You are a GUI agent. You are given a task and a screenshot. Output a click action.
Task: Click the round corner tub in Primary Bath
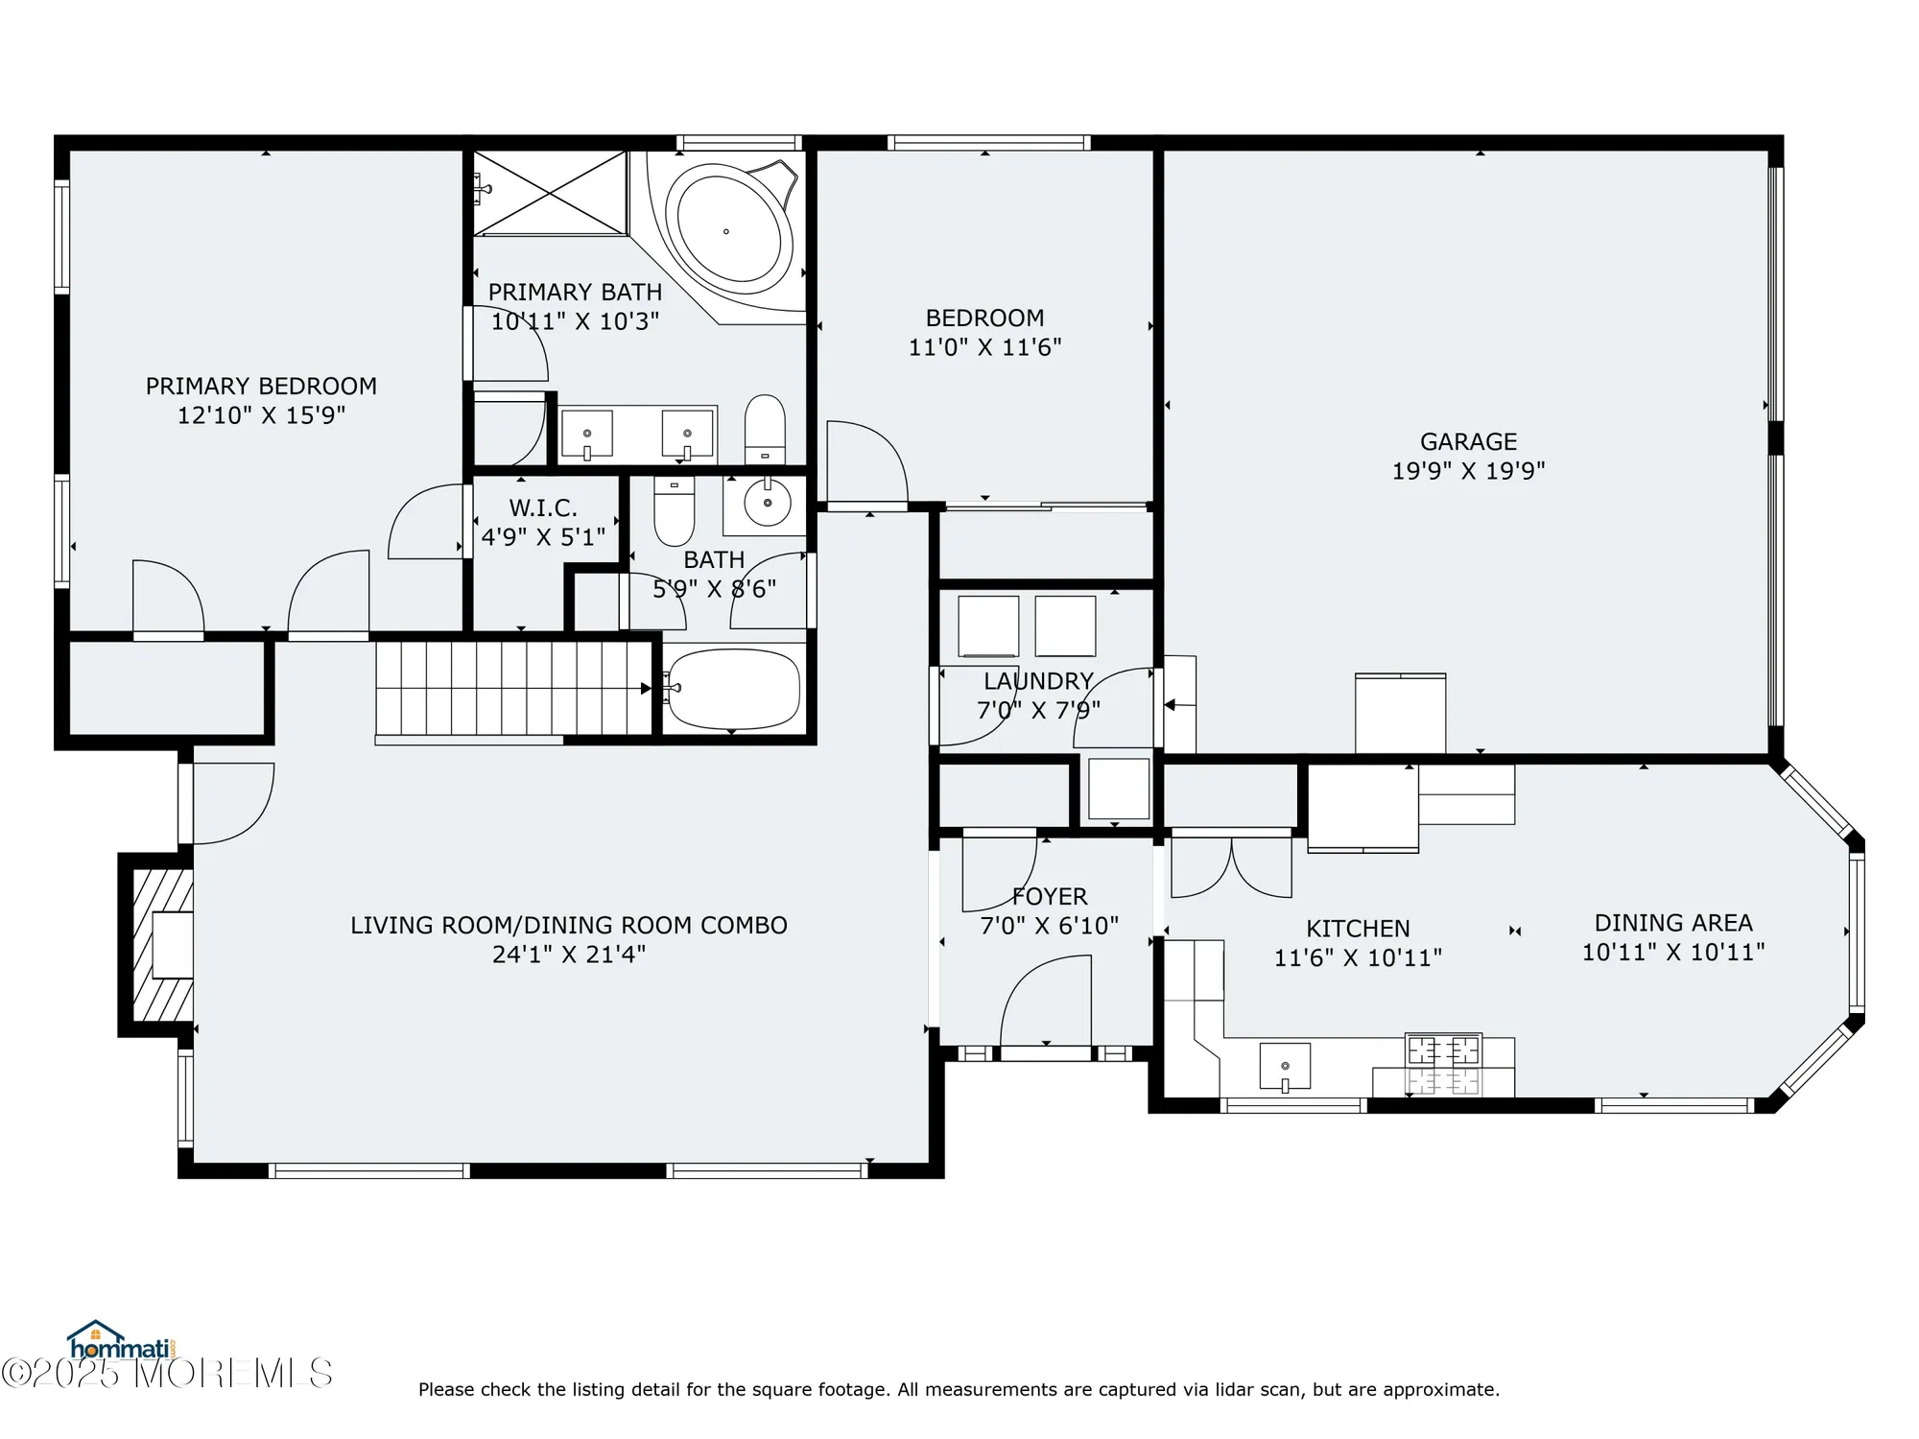pos(729,230)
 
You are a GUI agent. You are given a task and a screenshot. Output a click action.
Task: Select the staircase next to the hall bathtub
pos(513,688)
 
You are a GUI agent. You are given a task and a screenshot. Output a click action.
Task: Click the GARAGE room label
pos(1468,442)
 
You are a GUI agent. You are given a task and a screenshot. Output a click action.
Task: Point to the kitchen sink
pos(1285,1067)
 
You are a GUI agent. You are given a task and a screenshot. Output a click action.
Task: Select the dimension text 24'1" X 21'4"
pos(569,955)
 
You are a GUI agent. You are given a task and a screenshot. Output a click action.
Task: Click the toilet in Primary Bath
pos(765,429)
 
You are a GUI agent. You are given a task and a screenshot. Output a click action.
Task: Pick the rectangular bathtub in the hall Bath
pos(734,688)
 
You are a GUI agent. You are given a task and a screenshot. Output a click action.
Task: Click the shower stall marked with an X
pos(551,193)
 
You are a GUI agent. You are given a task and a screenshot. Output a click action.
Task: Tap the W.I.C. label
pos(543,508)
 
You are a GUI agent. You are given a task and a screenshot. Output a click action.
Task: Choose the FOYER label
pos(1050,897)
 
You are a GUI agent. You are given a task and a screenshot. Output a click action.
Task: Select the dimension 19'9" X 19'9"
pos(1468,471)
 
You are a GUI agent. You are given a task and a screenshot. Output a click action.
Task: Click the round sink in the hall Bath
pos(768,503)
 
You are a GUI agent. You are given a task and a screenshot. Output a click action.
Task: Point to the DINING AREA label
pos(1673,923)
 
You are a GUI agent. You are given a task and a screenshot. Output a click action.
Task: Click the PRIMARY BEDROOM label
pos(261,387)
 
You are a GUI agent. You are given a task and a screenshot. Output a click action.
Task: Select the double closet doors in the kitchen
pos(1231,868)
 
